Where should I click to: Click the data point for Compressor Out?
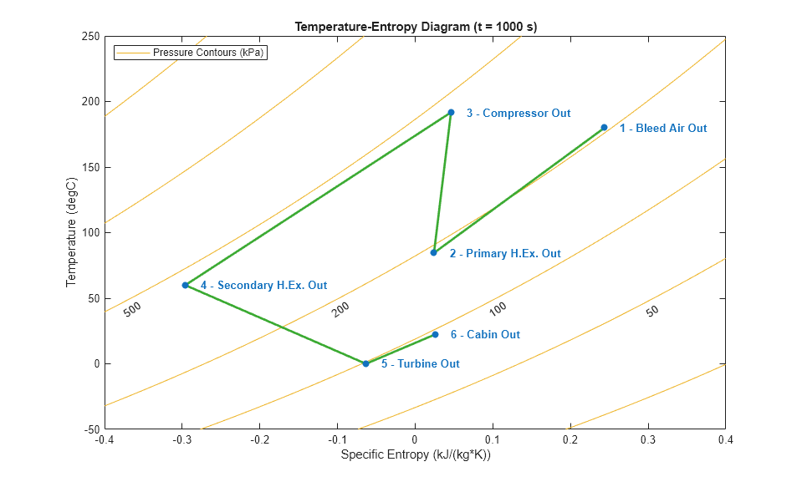pos(451,112)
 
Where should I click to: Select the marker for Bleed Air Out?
pos(604,128)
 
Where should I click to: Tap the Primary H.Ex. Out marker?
pos(433,252)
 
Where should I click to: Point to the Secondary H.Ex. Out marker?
pos(185,285)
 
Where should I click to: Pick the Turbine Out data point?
pos(365,363)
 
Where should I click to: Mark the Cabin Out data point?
pos(435,334)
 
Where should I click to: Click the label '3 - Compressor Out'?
pos(518,113)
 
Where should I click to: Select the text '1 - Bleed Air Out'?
pos(662,129)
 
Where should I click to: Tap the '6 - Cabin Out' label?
pos(485,335)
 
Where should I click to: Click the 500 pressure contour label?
pos(132,309)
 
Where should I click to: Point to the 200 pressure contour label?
pos(340,309)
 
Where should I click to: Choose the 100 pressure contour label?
pos(498,309)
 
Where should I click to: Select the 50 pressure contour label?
pos(652,311)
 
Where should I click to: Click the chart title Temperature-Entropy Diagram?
pos(416,27)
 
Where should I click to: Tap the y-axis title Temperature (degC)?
pos(71,233)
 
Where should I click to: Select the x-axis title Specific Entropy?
pos(415,455)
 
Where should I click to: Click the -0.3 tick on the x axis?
pos(181,439)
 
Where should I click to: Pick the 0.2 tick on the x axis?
pos(570,439)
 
